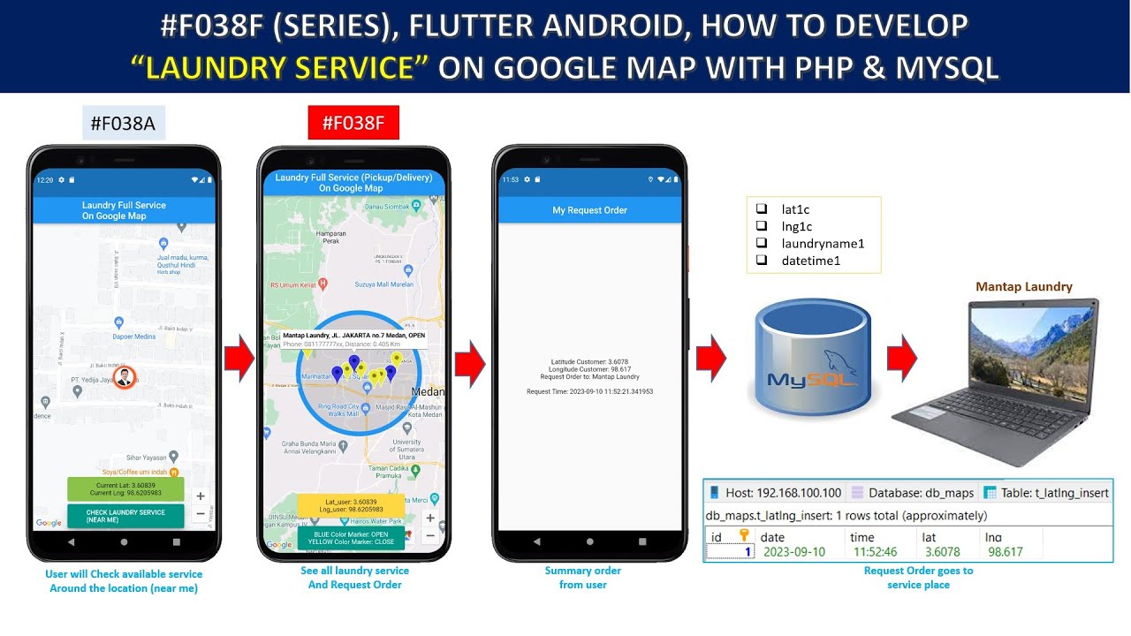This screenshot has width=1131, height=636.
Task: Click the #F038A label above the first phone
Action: [124, 124]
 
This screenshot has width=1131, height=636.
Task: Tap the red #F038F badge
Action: [353, 123]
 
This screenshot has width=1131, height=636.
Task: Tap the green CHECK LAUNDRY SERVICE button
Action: [125, 516]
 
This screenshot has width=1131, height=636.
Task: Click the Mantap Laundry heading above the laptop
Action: [1024, 286]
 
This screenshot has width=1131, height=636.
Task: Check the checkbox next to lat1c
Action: [762, 209]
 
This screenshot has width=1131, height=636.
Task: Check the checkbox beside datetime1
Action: [762, 261]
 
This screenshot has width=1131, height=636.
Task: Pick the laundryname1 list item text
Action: [823, 244]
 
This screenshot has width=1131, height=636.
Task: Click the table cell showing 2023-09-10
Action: [793, 552]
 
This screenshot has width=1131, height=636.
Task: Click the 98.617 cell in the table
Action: [1005, 552]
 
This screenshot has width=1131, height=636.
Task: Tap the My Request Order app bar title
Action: [589, 210]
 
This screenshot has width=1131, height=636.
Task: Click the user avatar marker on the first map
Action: [125, 377]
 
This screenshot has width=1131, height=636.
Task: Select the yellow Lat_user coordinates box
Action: [352, 505]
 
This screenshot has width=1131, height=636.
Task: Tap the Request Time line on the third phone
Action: [589, 391]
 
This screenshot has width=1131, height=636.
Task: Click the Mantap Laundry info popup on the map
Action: [353, 339]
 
